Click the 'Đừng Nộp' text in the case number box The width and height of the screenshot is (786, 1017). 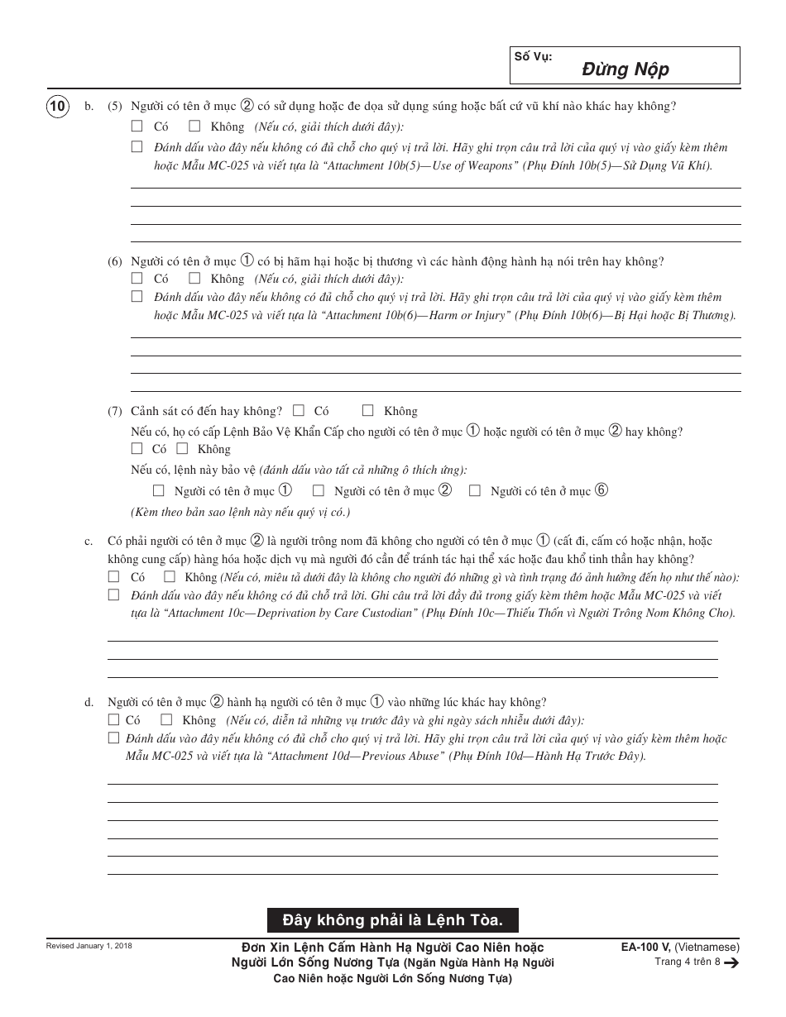coord(625,69)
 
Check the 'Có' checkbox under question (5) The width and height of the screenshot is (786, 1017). coord(137,127)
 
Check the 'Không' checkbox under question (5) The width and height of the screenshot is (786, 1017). coord(194,127)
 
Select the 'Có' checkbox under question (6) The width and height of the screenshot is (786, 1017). coord(137,279)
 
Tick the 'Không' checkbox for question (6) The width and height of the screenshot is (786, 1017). coord(194,279)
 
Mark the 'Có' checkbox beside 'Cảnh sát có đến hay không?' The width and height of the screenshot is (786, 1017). coord(299,410)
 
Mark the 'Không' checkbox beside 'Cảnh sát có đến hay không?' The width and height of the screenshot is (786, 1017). coord(367,410)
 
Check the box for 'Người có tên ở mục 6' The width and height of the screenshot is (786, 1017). coord(475,490)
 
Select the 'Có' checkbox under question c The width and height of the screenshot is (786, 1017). coord(114,576)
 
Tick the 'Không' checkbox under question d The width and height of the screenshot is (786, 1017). coord(166,719)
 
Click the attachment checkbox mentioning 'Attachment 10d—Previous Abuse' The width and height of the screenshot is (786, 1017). coord(114,738)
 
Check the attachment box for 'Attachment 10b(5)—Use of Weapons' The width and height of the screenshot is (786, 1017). coord(137,146)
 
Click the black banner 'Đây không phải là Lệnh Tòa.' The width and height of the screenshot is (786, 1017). coord(393,919)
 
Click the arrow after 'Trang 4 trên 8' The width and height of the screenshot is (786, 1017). coord(731,962)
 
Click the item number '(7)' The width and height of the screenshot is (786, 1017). coord(115,411)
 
